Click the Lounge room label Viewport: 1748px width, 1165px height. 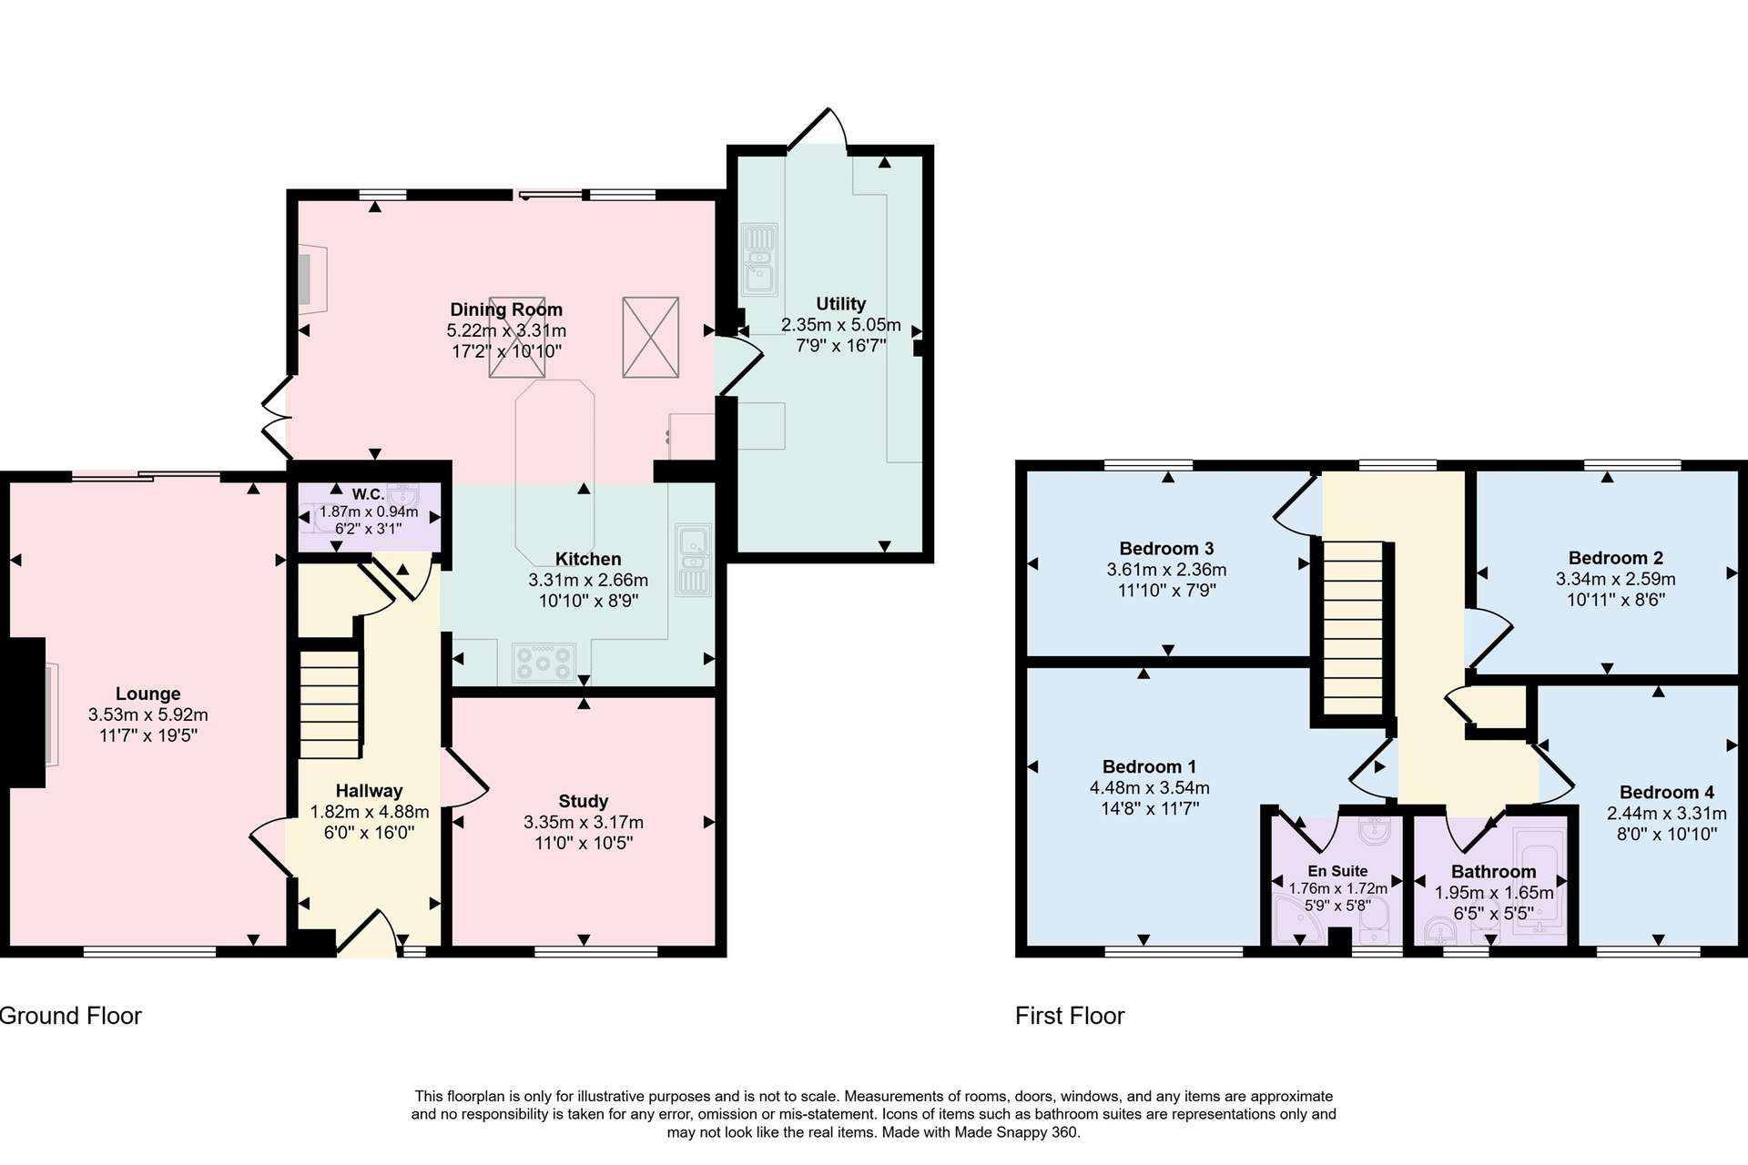pos(148,694)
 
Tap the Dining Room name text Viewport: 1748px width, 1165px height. pos(506,309)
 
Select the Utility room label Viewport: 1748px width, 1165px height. pos(840,304)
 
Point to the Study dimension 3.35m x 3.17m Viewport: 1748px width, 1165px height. pos(584,822)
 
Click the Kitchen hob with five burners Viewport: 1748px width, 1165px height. pos(544,662)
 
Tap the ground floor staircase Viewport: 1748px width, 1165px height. pos(330,704)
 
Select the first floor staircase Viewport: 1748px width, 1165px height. pos(1353,628)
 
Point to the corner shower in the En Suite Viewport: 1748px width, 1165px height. pos(1299,920)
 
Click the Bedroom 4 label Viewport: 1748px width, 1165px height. pos(1667,792)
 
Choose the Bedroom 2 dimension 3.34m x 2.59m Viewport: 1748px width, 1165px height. pos(1616,579)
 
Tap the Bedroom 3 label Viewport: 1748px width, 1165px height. pos(1166,548)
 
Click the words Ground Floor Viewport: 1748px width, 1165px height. pos(70,1016)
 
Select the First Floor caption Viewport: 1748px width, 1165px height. pos(1070,1016)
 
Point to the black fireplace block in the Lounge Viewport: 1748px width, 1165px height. pos(23,713)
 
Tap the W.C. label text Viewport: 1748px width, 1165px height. pos(368,494)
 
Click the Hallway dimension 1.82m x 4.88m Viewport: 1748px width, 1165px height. pos(370,812)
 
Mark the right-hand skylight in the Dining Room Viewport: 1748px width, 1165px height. pos(651,337)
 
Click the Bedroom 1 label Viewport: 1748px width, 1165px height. pos(1150,766)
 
